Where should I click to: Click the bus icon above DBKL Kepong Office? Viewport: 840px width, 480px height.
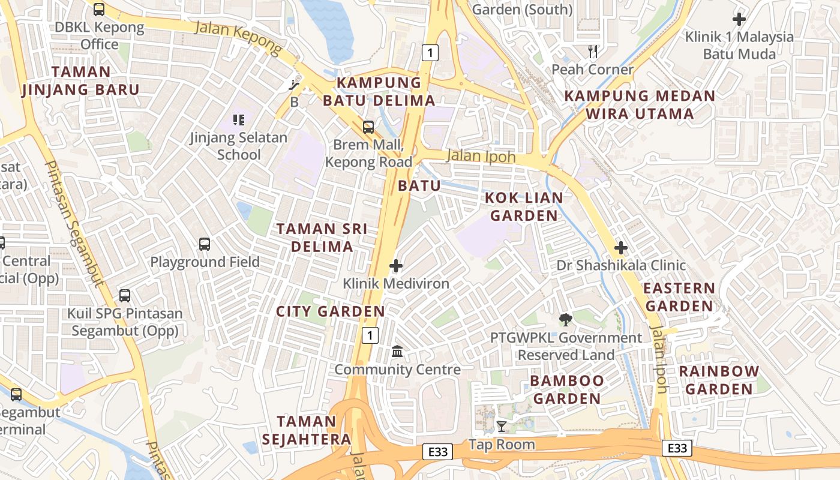[x=99, y=9]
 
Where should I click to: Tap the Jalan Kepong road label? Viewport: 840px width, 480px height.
[x=238, y=37]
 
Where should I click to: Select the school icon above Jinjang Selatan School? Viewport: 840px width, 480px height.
[x=239, y=120]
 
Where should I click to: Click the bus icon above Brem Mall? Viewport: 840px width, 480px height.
[x=368, y=127]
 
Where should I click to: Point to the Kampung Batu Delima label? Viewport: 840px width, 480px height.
[x=379, y=91]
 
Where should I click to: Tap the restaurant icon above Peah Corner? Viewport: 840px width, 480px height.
[x=593, y=52]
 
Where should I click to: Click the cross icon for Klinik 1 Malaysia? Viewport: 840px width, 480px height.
[x=739, y=19]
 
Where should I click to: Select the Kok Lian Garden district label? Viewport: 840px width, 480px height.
[x=524, y=206]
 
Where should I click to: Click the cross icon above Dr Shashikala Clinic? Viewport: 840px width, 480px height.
[x=621, y=247]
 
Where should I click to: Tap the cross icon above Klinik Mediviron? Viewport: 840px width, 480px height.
[x=396, y=266]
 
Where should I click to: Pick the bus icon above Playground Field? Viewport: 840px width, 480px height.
[x=205, y=244]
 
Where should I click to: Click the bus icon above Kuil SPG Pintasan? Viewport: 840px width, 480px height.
[x=125, y=295]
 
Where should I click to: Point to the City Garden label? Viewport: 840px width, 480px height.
[x=330, y=311]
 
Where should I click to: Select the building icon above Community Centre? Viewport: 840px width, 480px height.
[x=397, y=352]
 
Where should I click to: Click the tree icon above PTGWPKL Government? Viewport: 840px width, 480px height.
[x=565, y=320]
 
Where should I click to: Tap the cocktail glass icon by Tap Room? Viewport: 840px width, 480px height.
[x=502, y=427]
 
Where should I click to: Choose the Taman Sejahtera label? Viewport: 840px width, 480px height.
[x=306, y=430]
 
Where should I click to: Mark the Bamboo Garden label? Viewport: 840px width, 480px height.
[x=567, y=389]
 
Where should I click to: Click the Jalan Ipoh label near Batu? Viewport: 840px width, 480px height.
[x=481, y=157]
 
